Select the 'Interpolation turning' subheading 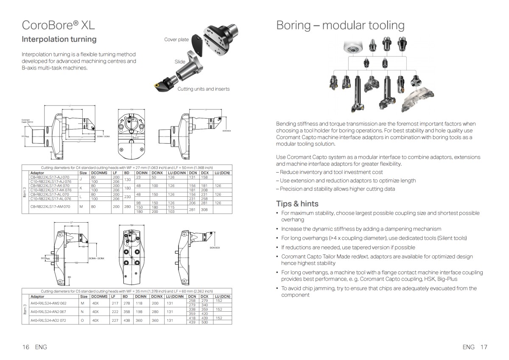[x=59, y=39]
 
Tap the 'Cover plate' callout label [x=176, y=39]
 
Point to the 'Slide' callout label [x=180, y=61]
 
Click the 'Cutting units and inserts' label [x=204, y=89]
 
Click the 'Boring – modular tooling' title [x=340, y=25]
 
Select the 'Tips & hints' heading [x=297, y=203]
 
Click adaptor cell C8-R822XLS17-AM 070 [x=50, y=207]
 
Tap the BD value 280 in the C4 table [x=127, y=207]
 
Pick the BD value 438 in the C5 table [x=126, y=320]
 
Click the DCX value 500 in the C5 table [x=204, y=322]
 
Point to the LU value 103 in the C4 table [x=171, y=211]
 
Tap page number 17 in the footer [x=484, y=347]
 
